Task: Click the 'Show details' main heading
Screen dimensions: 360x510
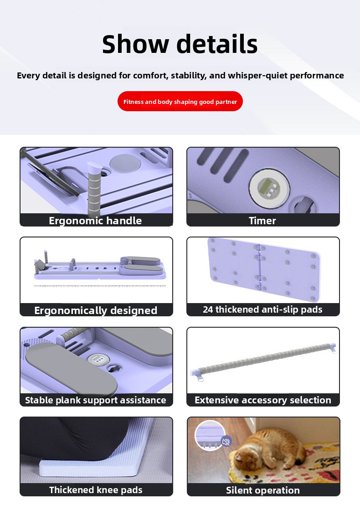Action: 180,44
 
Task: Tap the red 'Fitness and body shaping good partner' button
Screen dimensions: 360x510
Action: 180,101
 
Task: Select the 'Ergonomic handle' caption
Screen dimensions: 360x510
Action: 95,221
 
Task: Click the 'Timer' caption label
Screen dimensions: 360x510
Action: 262,221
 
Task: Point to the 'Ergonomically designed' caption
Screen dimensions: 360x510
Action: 96,310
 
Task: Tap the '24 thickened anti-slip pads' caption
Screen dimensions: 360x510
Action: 262,309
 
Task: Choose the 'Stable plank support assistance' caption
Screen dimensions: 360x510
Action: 96,400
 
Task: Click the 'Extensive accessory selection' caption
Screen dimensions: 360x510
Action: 263,400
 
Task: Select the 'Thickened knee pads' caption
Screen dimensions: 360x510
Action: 96,489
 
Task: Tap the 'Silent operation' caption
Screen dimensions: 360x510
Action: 263,490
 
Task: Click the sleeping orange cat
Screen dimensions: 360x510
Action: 270,449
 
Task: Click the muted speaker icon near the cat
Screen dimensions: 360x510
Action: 226,441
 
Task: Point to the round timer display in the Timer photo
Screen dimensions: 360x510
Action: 269,188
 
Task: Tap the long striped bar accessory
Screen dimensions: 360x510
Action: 263,361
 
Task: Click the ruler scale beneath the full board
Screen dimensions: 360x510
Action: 100,286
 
